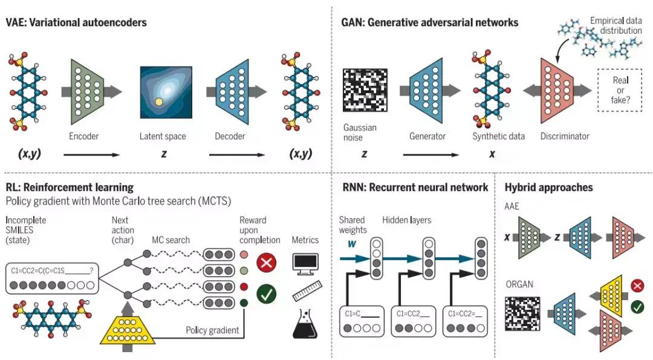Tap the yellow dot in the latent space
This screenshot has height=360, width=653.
click(159, 102)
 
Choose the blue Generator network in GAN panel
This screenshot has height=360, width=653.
click(430, 91)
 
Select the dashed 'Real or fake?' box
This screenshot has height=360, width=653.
click(620, 90)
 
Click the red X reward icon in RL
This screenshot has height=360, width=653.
click(266, 263)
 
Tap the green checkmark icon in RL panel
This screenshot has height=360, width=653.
click(266, 295)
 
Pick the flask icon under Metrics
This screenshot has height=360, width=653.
click(305, 325)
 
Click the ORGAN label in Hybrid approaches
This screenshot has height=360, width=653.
click(519, 284)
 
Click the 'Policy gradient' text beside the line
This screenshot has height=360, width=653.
click(211, 330)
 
